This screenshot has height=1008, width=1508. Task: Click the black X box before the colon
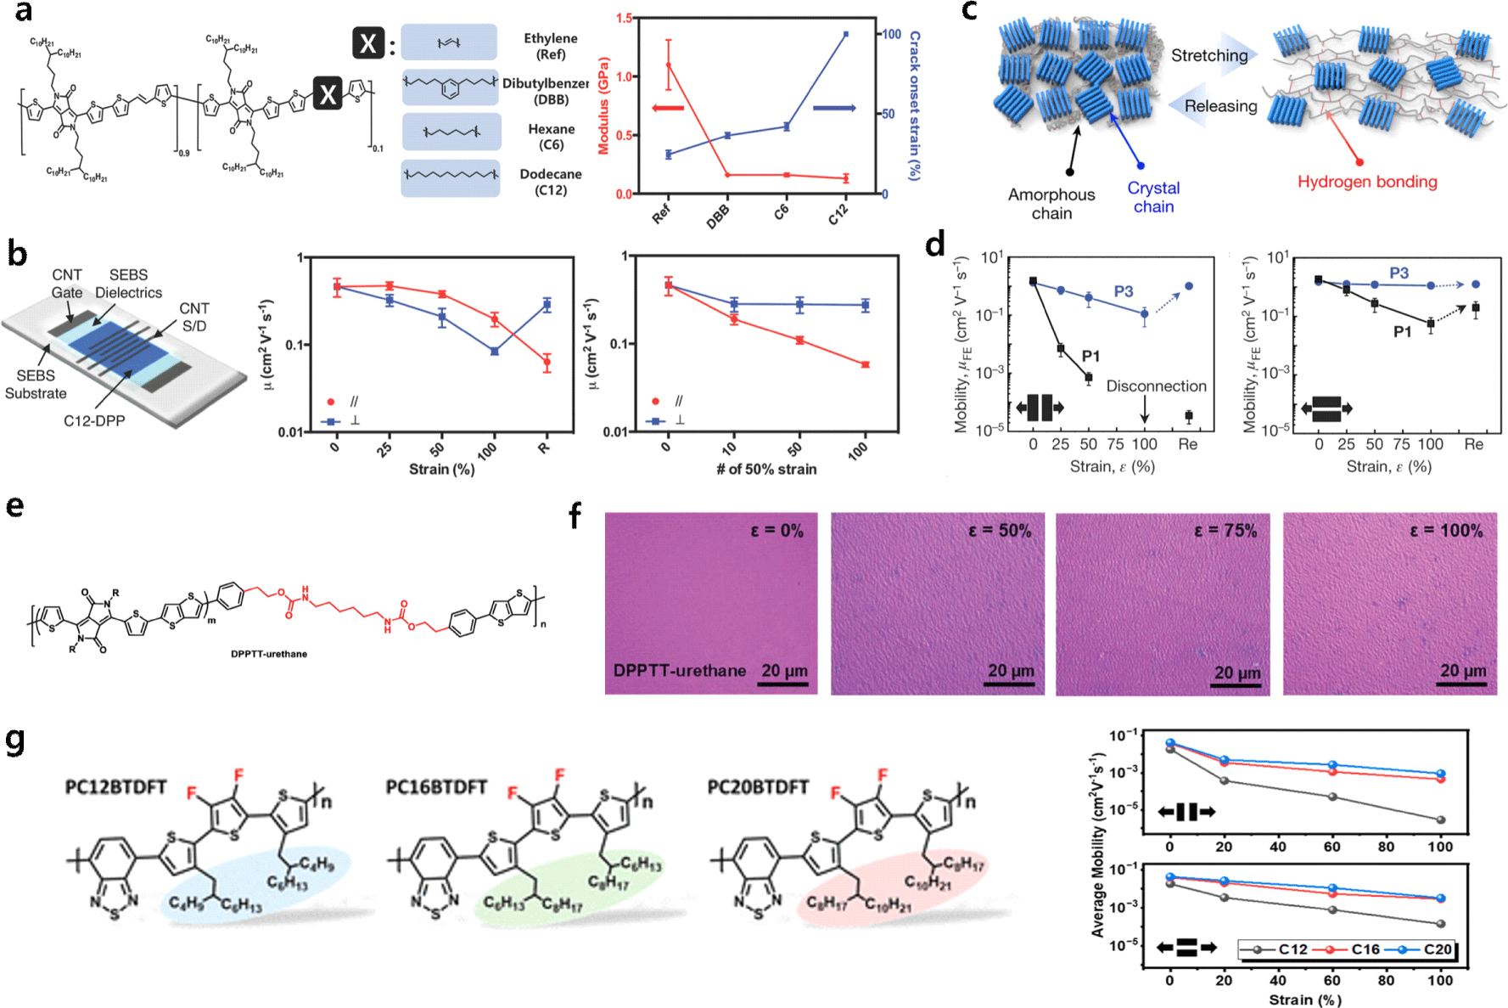coord(368,42)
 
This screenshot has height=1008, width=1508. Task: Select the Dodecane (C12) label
coord(551,182)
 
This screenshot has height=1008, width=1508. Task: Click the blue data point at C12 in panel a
coord(846,34)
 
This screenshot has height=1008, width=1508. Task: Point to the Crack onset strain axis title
coord(914,105)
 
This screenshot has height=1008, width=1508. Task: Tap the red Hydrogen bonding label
coord(1366,182)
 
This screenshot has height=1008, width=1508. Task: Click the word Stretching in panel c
coord(1209,56)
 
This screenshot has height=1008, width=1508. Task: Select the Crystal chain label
coord(1153,197)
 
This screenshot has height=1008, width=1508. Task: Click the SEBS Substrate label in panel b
coord(36,385)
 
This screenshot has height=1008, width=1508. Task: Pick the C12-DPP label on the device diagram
coord(94,421)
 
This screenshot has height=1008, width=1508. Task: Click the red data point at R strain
coord(547,363)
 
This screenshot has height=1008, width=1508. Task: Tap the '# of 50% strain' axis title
coord(766,469)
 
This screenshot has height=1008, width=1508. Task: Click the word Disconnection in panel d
coord(1156,386)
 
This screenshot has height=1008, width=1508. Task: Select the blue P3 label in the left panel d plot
coord(1123,291)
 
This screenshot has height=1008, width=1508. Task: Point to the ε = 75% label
coord(1225,531)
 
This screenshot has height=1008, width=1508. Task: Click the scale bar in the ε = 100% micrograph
coord(1463,684)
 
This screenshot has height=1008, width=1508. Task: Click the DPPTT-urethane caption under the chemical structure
coord(269,654)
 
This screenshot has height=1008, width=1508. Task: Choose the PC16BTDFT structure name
coord(436,787)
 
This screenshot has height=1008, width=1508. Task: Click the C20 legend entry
coord(1438,949)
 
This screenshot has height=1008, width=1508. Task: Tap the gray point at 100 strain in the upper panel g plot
coord(1440,819)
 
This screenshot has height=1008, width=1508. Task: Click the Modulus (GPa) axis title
coord(604,106)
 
